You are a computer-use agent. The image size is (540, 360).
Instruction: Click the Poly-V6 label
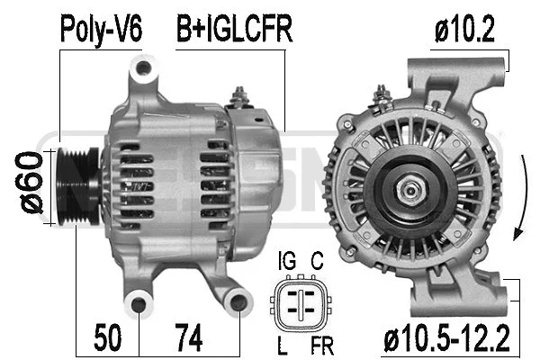[x=101, y=29]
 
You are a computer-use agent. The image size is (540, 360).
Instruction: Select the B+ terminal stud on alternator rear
[x=240, y=94]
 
